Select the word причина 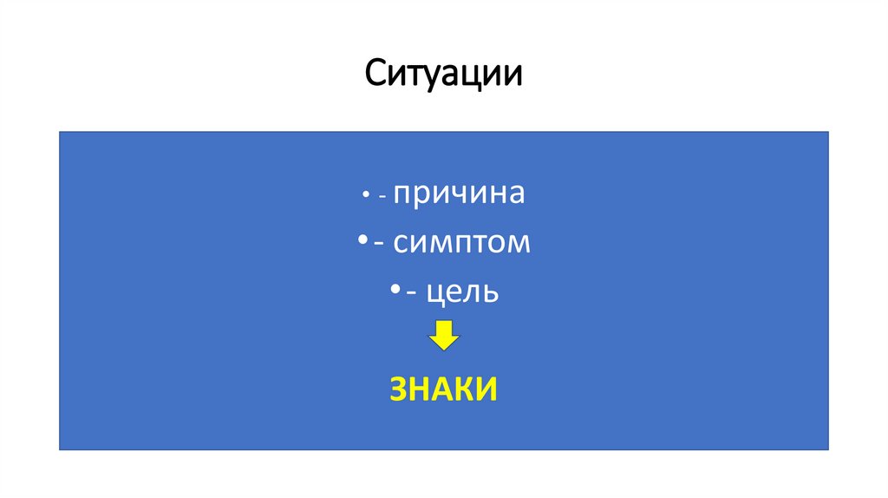[459, 193]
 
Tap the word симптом [460, 243]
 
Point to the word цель [462, 292]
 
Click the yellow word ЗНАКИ [443, 390]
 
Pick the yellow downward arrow [443, 336]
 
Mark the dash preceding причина [382, 198]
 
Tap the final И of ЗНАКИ [486, 390]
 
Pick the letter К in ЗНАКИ [465, 390]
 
